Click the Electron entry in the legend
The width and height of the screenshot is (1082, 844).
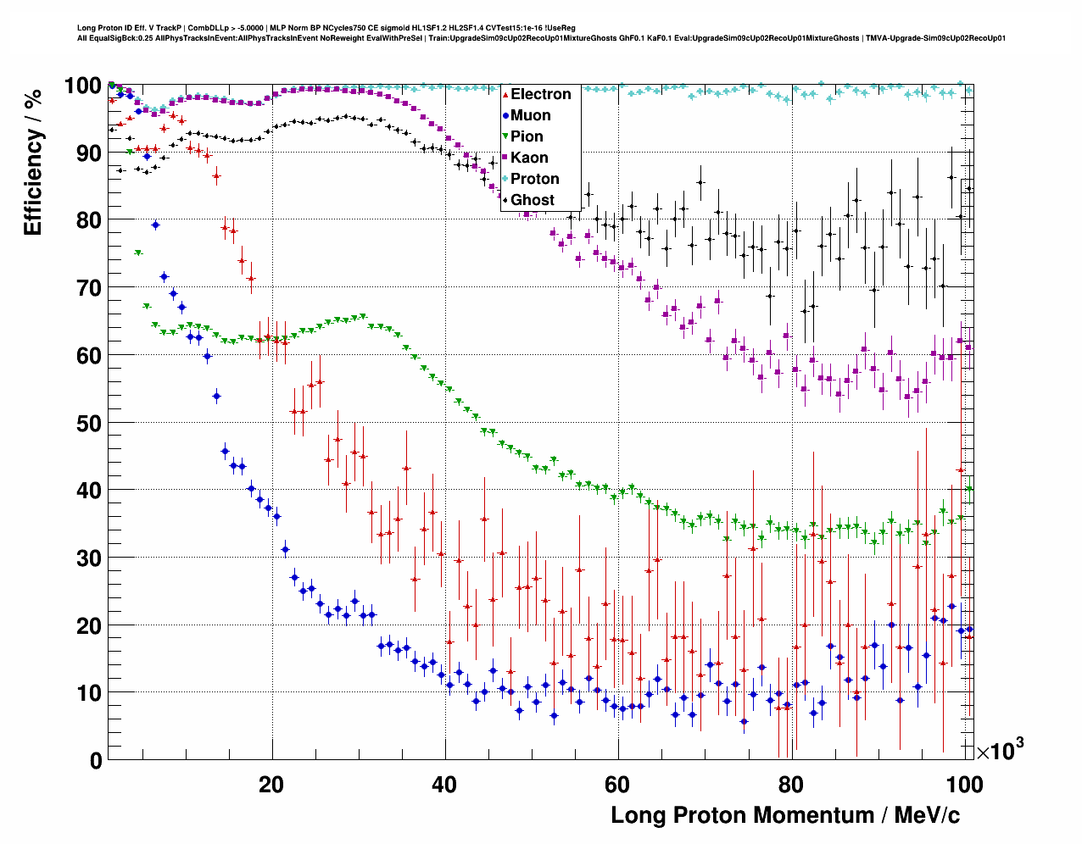[540, 94]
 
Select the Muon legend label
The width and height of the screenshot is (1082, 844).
[530, 115]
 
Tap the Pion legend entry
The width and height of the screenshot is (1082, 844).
[527, 136]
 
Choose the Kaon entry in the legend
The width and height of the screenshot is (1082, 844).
[529, 158]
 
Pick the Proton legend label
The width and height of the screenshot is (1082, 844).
[534, 179]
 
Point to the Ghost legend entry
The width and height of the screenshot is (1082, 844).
[532, 200]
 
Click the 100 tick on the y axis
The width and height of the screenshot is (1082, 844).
[83, 86]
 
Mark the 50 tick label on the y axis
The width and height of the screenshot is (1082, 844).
[89, 423]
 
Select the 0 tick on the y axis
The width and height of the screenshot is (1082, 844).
[96, 761]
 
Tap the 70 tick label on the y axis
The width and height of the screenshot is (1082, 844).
[89, 288]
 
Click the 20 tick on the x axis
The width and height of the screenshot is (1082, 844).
[271, 785]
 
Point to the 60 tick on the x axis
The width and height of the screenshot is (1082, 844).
[617, 785]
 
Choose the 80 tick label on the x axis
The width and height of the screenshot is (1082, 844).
[791, 785]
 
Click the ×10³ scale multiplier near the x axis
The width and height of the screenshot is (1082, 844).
[1000, 750]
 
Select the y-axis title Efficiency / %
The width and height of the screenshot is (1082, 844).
[33, 162]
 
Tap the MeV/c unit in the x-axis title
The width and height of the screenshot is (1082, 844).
[922, 815]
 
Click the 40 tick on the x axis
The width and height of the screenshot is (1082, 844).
[444, 785]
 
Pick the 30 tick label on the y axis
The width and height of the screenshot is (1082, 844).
[89, 558]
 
